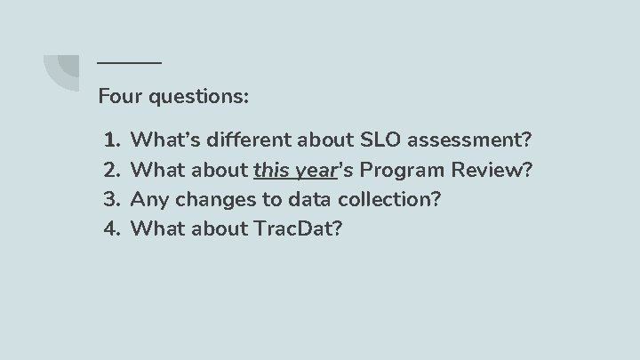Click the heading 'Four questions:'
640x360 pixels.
click(x=174, y=95)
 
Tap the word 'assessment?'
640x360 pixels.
click(x=470, y=140)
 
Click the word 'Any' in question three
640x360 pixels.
click(x=148, y=199)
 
